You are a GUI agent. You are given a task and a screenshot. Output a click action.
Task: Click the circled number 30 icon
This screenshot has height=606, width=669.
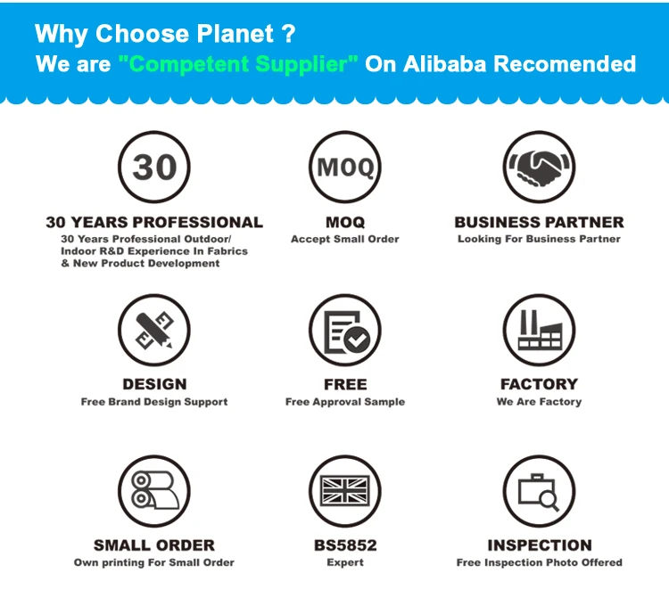(x=154, y=167)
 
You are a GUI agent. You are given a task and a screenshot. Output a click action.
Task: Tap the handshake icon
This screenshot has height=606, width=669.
(x=539, y=167)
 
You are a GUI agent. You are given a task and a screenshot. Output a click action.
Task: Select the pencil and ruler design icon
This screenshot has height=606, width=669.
(x=154, y=330)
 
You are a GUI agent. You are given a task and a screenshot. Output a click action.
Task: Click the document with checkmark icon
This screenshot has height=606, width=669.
(x=344, y=330)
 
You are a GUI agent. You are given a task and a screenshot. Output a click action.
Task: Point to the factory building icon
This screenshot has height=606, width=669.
(x=539, y=330)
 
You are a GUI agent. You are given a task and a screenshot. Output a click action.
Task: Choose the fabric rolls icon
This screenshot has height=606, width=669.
(x=154, y=491)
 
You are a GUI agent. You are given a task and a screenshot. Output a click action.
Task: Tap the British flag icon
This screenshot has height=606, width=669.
(x=344, y=491)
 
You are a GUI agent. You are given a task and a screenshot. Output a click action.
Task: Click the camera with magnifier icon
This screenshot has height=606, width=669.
(x=539, y=491)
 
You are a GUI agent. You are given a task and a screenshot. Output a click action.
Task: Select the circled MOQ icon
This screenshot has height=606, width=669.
(x=344, y=167)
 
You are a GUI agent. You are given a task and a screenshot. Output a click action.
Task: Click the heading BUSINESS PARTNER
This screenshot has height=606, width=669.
(x=539, y=223)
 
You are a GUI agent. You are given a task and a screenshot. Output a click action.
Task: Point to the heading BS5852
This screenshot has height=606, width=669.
(x=345, y=545)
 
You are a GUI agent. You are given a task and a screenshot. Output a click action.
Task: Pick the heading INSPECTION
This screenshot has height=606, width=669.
(x=540, y=545)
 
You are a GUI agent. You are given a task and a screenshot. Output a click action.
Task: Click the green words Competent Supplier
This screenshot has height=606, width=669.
(x=238, y=64)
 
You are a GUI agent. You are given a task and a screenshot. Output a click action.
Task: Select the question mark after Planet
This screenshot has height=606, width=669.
(x=288, y=33)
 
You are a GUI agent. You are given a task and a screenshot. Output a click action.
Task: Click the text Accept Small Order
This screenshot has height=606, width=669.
(x=344, y=239)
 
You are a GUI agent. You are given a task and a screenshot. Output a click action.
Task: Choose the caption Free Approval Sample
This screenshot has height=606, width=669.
(x=344, y=402)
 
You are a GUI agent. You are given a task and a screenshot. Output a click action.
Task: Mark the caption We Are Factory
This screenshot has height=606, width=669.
(x=539, y=401)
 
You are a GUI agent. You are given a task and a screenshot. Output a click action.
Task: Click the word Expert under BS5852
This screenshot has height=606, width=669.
(x=345, y=562)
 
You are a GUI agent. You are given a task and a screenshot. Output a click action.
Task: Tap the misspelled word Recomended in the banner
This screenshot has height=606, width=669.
(x=565, y=64)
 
